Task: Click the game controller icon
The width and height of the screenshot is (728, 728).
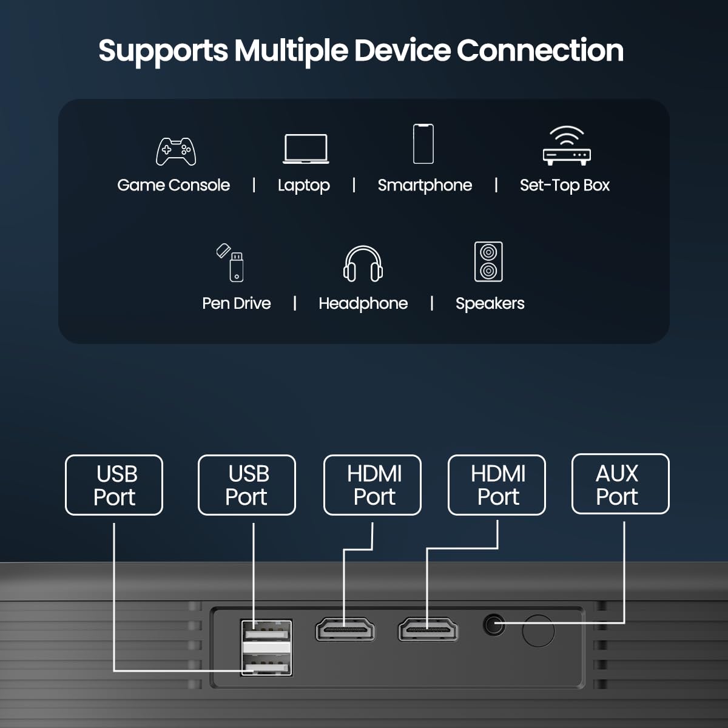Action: coord(176,152)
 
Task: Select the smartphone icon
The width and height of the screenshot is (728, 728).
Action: coord(423,144)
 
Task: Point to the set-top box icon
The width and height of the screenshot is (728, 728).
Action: coord(567,146)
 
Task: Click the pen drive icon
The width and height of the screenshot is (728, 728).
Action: coord(231,262)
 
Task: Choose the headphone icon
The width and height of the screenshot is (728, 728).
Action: coord(363,264)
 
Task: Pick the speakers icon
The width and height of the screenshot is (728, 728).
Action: coord(488,261)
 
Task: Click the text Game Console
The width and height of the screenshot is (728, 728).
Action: coord(174,185)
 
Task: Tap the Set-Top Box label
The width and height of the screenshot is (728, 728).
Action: coord(564,185)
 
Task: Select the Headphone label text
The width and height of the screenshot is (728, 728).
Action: coord(363,303)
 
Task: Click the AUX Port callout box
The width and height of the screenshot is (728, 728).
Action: coord(620,484)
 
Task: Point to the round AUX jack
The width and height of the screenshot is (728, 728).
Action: coord(494,624)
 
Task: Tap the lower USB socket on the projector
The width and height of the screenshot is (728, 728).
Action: coord(266,666)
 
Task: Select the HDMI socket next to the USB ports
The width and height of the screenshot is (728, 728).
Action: coord(345,630)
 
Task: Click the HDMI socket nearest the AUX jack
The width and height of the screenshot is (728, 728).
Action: coord(428,630)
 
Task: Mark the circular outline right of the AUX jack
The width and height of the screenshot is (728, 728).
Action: coord(538,630)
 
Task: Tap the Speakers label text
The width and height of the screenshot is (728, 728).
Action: coord(490,303)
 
